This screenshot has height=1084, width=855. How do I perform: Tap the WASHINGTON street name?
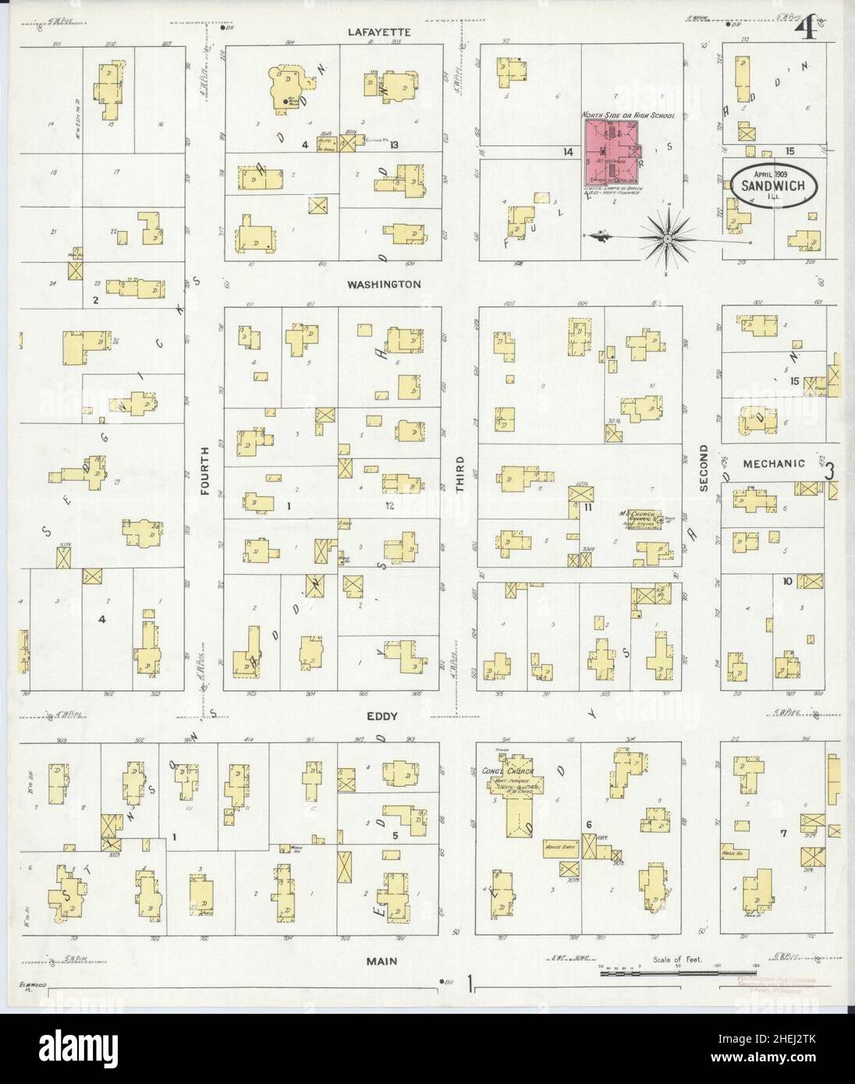click(x=385, y=285)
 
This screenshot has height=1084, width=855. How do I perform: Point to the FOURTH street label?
click(x=206, y=471)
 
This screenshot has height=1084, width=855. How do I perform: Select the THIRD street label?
click(x=460, y=473)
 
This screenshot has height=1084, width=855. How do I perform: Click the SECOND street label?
click(x=703, y=469)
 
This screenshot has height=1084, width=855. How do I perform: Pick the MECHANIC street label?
click(x=774, y=463)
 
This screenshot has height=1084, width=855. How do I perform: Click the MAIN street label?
click(x=382, y=962)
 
